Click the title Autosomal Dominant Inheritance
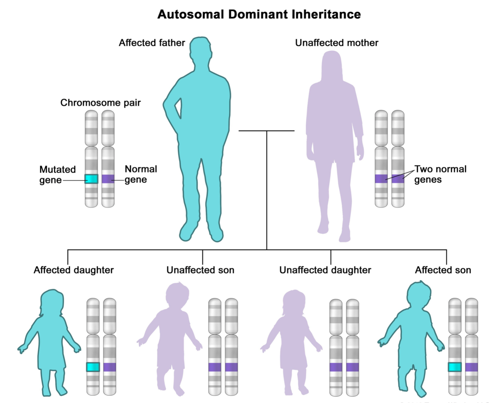(259, 14)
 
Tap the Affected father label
(152, 43)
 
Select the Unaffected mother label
(337, 43)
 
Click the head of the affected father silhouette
(200, 48)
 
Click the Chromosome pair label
(100, 103)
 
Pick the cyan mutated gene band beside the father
(91, 179)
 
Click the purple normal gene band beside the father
(108, 179)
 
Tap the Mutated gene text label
(57, 175)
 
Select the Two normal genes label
(440, 174)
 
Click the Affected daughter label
(74, 270)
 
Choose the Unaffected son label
(200, 270)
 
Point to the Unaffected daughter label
(325, 270)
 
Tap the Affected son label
(443, 270)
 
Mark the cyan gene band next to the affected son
(454, 367)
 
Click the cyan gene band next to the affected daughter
(93, 367)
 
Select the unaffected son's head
(177, 295)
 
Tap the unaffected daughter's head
(294, 302)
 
